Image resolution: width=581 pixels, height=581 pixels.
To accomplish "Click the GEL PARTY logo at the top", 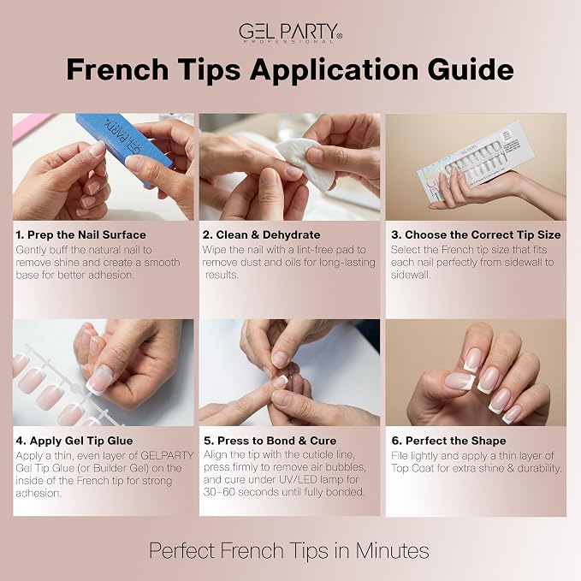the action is [x=290, y=33].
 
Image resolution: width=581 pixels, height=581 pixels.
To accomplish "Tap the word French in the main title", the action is [x=117, y=69].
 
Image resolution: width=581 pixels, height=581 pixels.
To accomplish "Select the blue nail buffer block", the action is [x=124, y=146].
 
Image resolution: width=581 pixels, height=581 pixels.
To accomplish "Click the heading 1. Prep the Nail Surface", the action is [x=80, y=235].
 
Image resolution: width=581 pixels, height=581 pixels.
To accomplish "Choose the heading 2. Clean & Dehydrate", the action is [x=261, y=235].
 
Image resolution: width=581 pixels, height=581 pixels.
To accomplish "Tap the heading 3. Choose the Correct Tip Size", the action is [x=476, y=235].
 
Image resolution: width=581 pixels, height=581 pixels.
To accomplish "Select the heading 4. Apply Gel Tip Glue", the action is [x=74, y=441].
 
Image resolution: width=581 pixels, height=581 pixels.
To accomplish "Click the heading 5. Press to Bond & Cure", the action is [x=270, y=441].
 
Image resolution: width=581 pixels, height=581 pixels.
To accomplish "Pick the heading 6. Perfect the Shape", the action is [x=448, y=441].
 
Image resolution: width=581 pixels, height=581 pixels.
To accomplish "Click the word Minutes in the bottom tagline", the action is [x=393, y=550].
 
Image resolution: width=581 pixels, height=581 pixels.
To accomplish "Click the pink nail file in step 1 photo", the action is [x=30, y=125].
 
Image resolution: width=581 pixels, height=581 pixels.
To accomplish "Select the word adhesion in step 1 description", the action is [x=110, y=275].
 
